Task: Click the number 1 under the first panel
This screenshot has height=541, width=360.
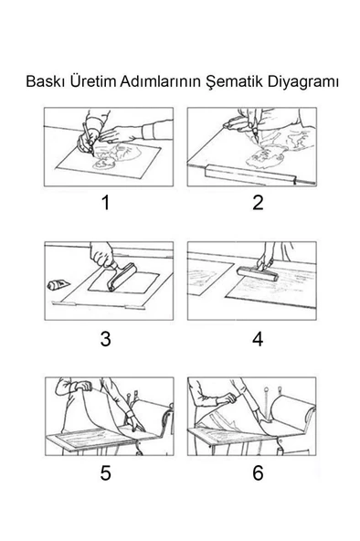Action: (x=105, y=203)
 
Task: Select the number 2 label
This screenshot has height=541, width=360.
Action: (x=258, y=203)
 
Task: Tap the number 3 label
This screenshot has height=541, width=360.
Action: (x=105, y=338)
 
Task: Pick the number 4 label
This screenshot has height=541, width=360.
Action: (x=258, y=338)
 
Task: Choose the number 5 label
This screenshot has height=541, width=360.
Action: (x=105, y=472)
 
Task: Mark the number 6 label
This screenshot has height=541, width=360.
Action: (x=258, y=472)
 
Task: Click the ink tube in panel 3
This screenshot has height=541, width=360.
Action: (x=60, y=285)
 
